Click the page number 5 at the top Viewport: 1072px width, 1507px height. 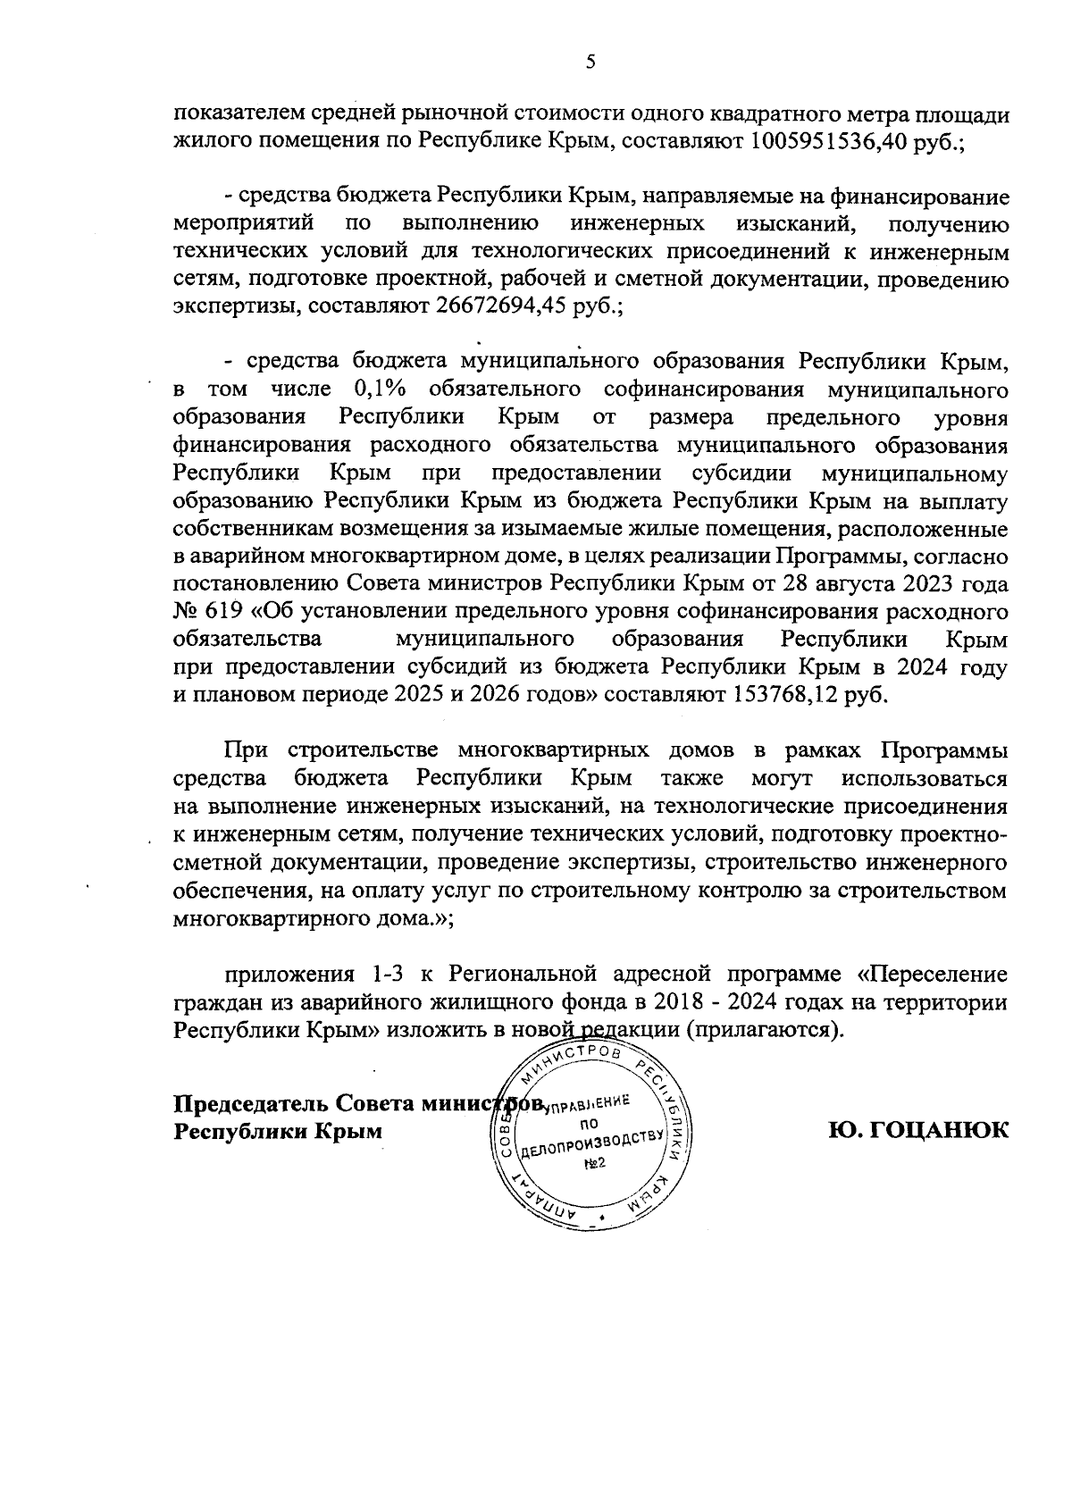590,62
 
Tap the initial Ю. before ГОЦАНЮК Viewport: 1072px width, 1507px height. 845,1129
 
